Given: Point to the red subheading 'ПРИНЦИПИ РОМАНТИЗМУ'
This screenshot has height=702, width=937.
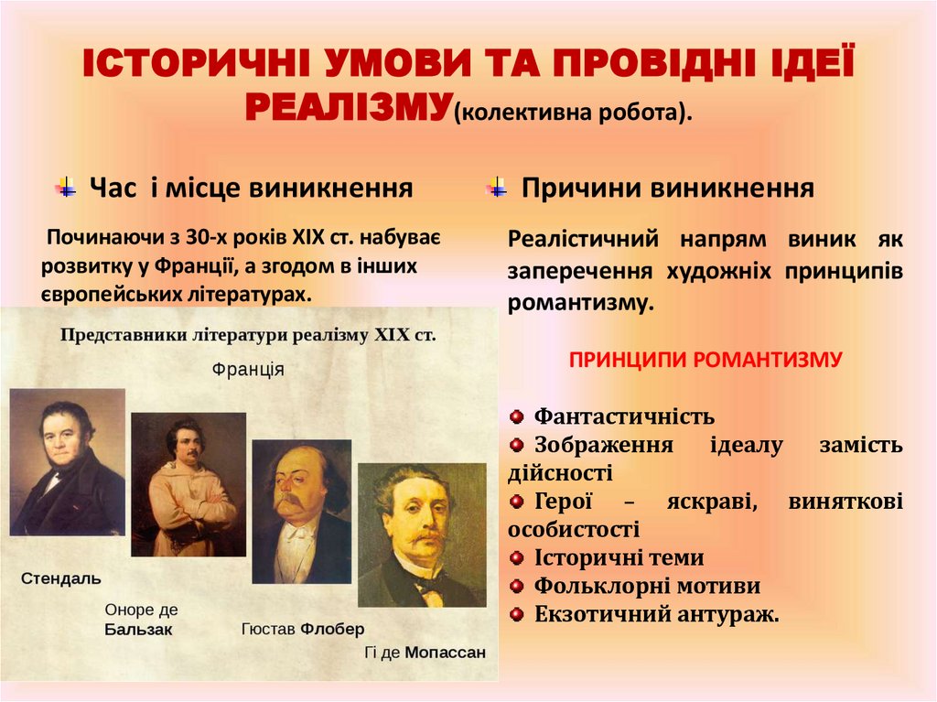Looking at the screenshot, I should point(705,359).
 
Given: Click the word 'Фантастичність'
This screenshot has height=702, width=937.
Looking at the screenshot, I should point(624,417).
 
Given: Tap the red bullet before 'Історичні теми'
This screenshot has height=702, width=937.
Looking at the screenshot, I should point(517,557).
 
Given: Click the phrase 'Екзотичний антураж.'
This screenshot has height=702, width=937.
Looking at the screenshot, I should point(656,614).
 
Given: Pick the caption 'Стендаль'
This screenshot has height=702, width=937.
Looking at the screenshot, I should point(60,579).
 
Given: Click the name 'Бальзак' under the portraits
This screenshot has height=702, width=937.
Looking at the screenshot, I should point(138,630).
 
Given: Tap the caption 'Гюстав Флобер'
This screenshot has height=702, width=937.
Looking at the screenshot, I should point(303,630).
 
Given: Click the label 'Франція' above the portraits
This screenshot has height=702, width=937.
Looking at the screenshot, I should point(247,371).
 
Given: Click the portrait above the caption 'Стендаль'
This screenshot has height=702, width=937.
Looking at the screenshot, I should point(68,462).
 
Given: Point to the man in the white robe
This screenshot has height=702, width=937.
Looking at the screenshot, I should point(188,485).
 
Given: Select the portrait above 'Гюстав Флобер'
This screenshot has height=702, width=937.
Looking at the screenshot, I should point(301,512).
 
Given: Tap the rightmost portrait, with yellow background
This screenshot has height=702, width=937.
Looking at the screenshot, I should point(422,535).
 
